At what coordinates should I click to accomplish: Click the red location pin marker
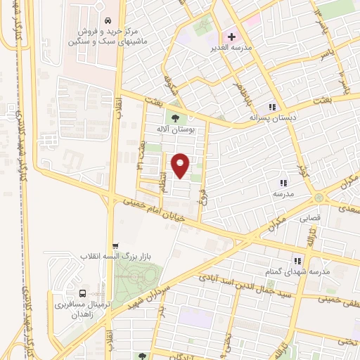(181, 166)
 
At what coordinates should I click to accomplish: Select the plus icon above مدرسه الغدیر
(231, 37)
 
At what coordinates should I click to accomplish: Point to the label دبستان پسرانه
(273, 118)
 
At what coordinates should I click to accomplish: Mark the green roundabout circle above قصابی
(320, 198)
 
